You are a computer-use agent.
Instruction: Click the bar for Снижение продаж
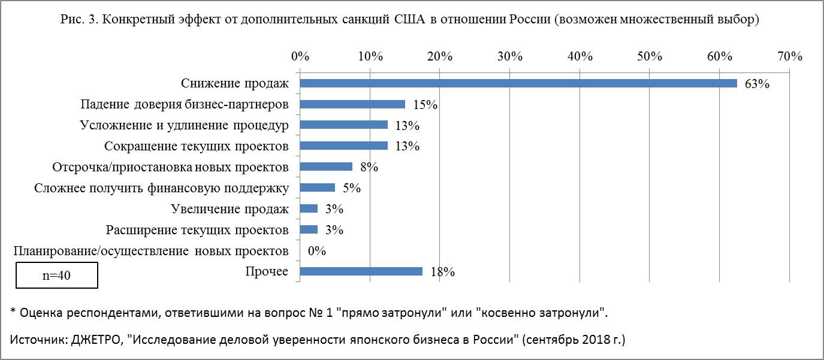click(518, 83)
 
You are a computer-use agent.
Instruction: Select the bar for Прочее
click(361, 271)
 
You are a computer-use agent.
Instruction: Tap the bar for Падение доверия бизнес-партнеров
click(352, 104)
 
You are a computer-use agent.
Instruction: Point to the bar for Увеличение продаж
click(309, 208)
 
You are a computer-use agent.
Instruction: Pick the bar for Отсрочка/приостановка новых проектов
click(326, 167)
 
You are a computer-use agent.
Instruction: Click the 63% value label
click(756, 84)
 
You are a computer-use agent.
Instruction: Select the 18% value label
click(442, 272)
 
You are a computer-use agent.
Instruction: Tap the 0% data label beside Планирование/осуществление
click(316, 251)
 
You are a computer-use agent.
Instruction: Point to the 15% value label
click(425, 105)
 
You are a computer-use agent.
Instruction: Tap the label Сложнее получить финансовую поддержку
click(161, 188)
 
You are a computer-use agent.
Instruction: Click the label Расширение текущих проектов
click(197, 230)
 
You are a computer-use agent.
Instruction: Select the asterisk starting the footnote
click(13, 312)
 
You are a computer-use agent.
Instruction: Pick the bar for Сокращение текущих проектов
click(343, 146)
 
